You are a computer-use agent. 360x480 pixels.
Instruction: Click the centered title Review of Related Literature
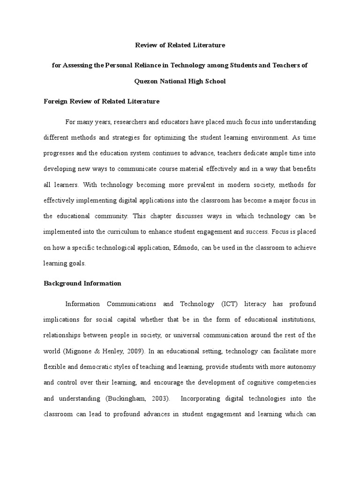pyautogui.click(x=180, y=45)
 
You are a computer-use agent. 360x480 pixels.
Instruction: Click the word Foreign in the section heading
pyautogui.click(x=55, y=101)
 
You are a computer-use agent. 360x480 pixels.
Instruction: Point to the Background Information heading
pyautogui.click(x=82, y=283)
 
